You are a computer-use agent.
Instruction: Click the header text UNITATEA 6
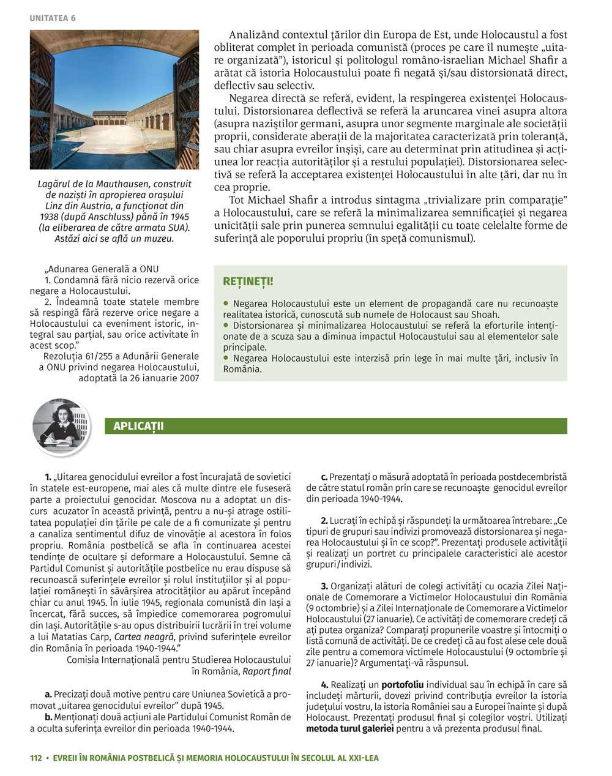coord(53,18)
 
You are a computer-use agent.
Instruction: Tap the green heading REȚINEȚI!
coord(248,282)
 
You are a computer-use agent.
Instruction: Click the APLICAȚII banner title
coord(138,426)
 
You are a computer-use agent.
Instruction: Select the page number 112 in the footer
coord(36,758)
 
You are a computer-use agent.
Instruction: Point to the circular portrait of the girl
coord(61,427)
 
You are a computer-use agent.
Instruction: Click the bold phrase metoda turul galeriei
coord(349,728)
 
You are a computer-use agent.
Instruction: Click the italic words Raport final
coord(267,671)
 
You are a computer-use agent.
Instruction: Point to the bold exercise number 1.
coord(48,476)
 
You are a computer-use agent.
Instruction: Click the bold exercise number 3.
coord(324,586)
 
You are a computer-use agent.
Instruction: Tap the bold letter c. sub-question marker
coord(324,476)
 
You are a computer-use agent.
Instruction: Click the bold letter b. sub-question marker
coord(48,717)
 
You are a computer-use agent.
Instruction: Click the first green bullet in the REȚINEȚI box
coord(226,303)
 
